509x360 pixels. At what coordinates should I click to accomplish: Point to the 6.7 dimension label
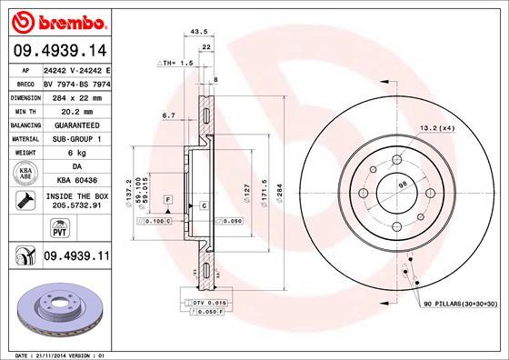pyautogui.click(x=168, y=115)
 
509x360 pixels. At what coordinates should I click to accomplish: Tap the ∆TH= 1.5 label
pyautogui.click(x=175, y=64)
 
